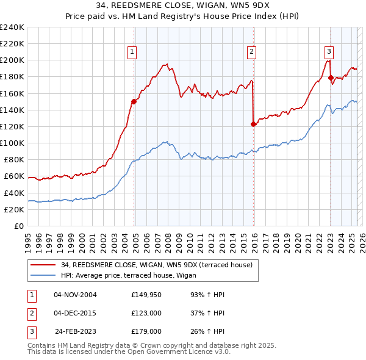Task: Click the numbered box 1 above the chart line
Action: (132, 52)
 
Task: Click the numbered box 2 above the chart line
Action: (251, 52)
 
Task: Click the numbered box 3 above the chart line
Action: (329, 52)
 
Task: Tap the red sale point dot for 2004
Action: (134, 102)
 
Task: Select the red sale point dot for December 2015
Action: (253, 124)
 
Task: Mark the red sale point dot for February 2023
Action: (331, 77)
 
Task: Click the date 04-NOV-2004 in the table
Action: (75, 295)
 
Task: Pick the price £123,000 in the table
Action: (146, 313)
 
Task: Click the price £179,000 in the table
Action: (146, 331)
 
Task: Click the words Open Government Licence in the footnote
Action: (170, 352)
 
